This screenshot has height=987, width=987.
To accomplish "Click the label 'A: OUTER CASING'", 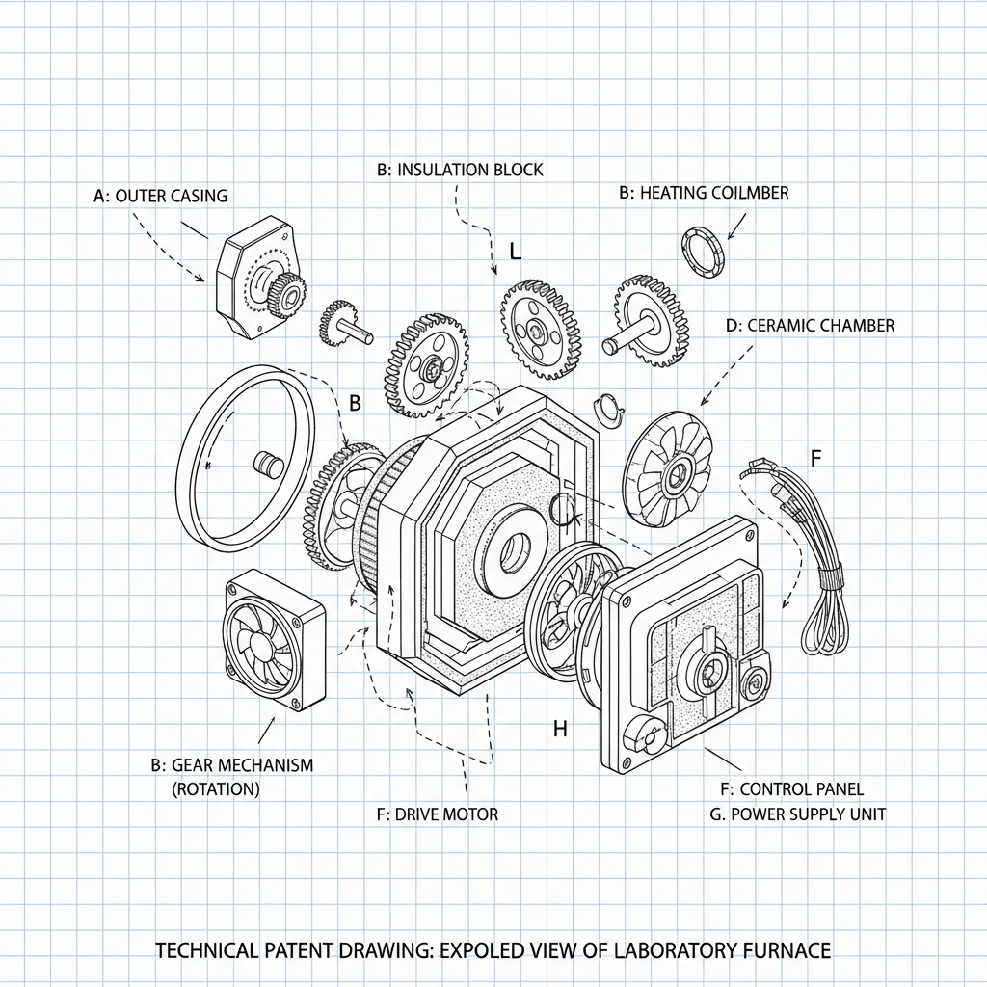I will click(161, 196).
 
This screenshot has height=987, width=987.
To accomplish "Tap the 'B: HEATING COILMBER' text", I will click(704, 193).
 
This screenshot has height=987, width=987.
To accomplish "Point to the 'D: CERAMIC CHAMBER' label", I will click(810, 326).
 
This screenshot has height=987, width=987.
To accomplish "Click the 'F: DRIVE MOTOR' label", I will click(438, 814).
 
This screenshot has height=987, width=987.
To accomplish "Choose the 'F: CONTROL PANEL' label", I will click(792, 789).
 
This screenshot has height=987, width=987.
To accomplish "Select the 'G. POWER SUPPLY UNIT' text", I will click(797, 814).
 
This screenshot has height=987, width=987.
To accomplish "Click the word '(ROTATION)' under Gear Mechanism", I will click(215, 788).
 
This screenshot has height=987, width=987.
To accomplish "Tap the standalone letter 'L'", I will click(515, 253).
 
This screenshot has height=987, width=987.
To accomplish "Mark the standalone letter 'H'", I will click(560, 730).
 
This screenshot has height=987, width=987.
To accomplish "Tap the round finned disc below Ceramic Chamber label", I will click(669, 471).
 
